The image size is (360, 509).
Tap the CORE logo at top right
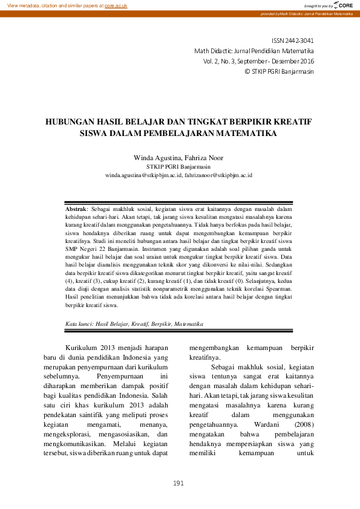tap(342, 5)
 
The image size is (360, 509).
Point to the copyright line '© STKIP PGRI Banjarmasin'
tap(278, 71)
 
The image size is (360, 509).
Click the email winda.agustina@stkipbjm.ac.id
tap(143, 175)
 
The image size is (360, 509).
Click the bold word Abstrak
tap(76, 208)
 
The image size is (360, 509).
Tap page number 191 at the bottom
tap(179, 482)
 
